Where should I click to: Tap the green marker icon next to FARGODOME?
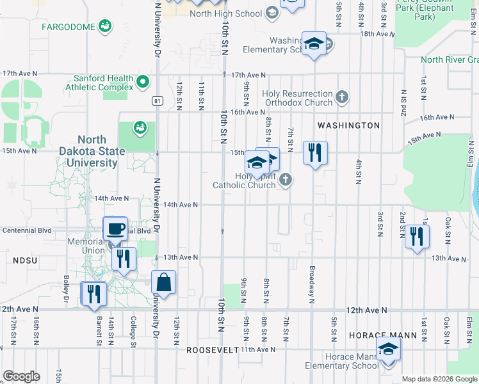tap(104, 27)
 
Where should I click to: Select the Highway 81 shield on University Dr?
tap(157, 100)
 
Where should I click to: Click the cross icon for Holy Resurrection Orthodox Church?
tap(342, 97)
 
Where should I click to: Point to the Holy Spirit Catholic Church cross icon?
tap(286, 180)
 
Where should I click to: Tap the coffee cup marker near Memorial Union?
tap(115, 228)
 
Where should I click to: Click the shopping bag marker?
tap(164, 282)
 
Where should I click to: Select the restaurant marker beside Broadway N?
tap(315, 153)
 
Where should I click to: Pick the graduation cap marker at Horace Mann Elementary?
tap(388, 350)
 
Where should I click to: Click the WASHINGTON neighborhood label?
tap(348, 125)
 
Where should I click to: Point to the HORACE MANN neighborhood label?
tap(383, 335)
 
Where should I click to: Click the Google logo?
tap(22, 376)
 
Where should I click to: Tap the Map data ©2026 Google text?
tap(439, 379)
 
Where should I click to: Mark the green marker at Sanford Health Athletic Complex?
tap(143, 81)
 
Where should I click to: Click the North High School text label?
tap(226, 13)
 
